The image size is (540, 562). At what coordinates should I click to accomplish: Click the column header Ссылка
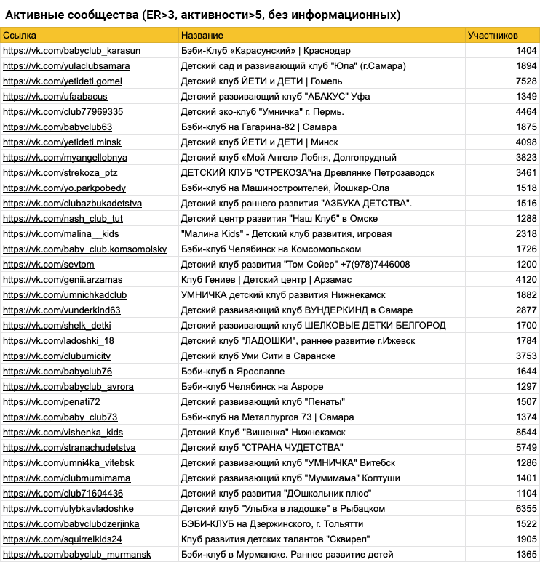pos(20,36)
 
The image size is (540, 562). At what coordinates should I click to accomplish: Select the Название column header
pos(202,36)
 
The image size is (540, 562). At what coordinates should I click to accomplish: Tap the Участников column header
pos(493,36)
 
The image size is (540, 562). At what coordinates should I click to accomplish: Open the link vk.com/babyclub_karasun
pos(72,51)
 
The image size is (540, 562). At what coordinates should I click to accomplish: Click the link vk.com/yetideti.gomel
pos(63,81)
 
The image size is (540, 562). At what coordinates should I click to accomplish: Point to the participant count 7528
pos(525,81)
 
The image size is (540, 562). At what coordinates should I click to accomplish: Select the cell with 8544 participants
pos(525,432)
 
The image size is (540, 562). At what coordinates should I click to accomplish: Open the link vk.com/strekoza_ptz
pos(60,173)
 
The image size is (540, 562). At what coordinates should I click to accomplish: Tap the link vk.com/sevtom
pos(49,265)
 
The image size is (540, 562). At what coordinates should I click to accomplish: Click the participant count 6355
pos(525,508)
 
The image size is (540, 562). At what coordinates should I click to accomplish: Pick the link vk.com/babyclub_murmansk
pos(77,554)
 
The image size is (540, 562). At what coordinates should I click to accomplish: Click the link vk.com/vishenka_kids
pos(63,432)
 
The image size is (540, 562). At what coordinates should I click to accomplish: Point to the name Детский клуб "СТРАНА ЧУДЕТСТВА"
pos(261,447)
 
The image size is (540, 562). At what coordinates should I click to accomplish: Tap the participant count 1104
pos(525,493)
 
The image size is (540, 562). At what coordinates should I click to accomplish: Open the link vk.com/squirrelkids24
pos(63,539)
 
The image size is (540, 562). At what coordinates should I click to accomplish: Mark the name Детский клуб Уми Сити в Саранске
pos(258,356)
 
